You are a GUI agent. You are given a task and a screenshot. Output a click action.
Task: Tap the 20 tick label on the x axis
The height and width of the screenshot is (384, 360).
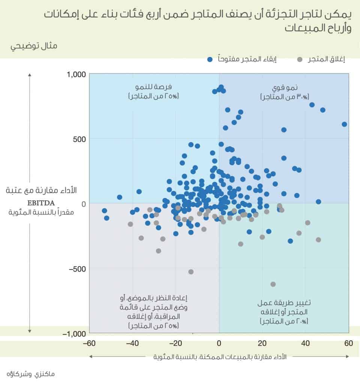coord(262,343)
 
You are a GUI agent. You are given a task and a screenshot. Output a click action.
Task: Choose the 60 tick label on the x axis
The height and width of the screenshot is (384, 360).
coord(349,343)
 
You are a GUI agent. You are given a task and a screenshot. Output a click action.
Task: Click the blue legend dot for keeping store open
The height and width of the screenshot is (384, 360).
coord(210,59)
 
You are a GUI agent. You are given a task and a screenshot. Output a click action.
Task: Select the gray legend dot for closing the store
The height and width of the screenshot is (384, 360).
coord(300,59)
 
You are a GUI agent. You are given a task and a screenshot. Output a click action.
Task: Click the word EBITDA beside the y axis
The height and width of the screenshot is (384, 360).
coord(41,203)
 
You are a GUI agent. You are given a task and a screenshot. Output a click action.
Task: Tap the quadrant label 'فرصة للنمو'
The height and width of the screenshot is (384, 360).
coord(154,87)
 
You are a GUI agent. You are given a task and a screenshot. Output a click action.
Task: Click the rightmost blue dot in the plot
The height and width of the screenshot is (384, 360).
coord(344,124)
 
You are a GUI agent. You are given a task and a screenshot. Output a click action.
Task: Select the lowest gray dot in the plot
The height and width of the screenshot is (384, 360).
coord(273,284)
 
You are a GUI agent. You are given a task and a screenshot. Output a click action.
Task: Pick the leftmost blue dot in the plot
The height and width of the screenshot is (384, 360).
coord(104,211)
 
